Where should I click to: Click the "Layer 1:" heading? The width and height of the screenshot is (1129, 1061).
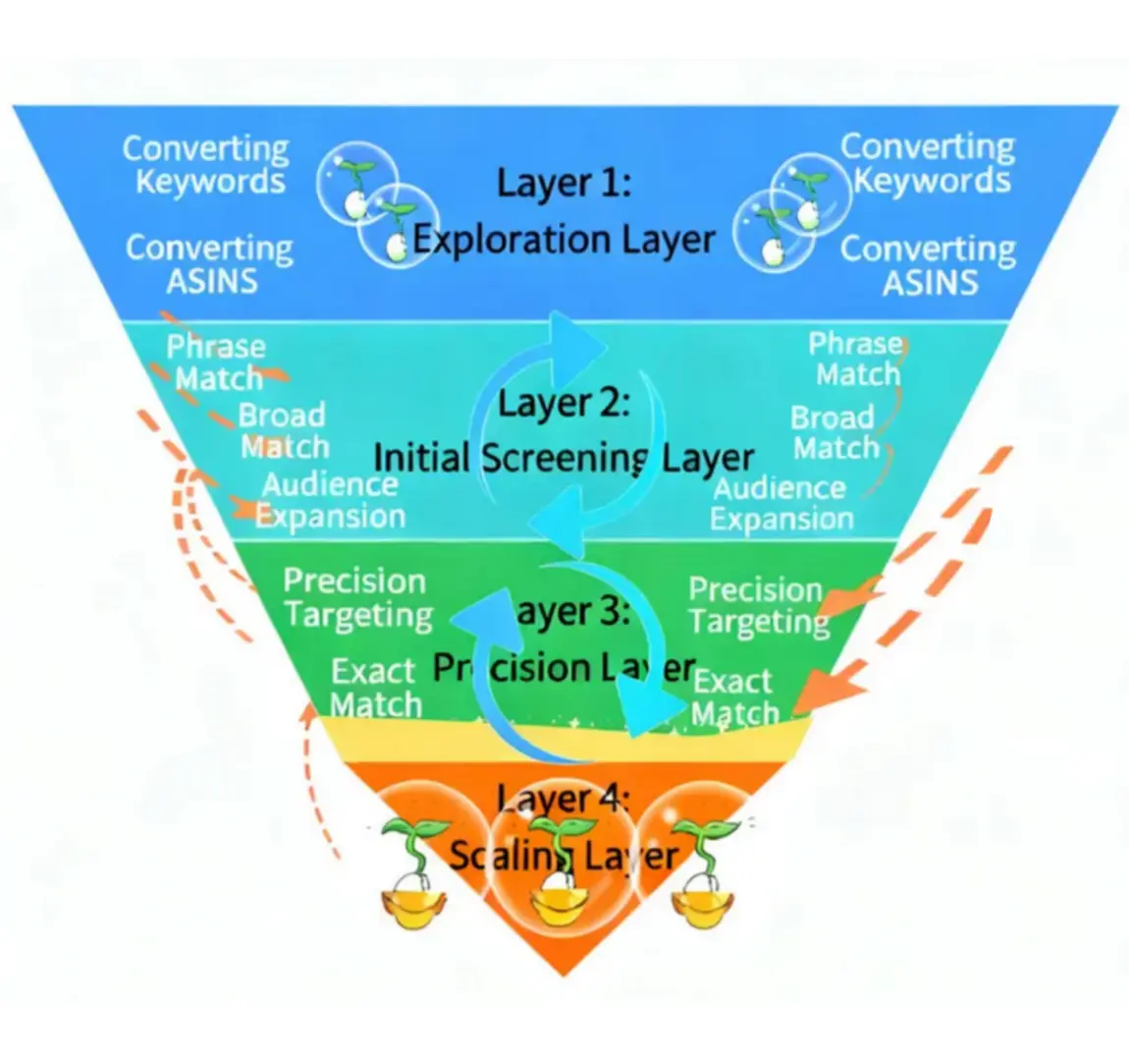[564, 183]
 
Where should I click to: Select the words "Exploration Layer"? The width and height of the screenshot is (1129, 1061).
[564, 240]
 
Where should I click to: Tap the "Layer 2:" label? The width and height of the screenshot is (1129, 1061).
[564, 404]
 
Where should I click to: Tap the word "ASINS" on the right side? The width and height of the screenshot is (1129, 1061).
[930, 283]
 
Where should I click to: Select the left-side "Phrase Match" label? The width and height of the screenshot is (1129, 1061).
[216, 362]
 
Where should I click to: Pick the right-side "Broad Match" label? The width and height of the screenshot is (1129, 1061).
[834, 432]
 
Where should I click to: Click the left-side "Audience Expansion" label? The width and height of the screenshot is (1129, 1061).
[331, 500]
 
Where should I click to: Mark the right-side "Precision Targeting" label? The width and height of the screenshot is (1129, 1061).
[757, 605]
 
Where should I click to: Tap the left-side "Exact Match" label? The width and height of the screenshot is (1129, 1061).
[375, 688]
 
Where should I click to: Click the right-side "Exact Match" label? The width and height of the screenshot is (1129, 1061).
[734, 697]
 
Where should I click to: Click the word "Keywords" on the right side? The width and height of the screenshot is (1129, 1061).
[932, 181]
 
